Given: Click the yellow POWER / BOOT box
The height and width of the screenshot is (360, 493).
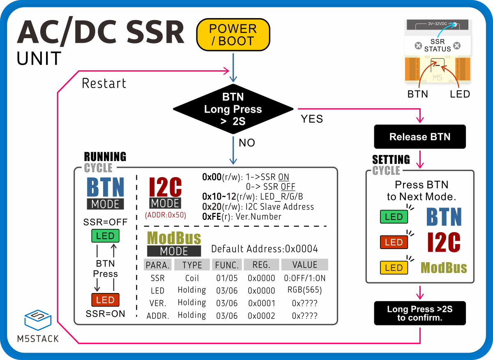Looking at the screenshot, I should click(233, 35).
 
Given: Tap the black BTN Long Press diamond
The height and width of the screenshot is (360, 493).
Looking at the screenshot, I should click(233, 109).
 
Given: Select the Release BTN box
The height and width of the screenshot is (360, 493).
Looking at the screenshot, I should click(419, 137).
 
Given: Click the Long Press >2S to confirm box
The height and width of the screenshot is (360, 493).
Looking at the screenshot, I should click(419, 313).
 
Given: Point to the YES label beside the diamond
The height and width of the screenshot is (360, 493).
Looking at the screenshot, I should click(312, 119).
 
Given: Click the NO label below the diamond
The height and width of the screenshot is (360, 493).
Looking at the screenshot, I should click(246, 143).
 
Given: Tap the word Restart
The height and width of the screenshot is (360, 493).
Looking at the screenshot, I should click(104, 83).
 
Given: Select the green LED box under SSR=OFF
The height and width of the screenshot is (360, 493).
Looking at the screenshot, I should click(105, 236).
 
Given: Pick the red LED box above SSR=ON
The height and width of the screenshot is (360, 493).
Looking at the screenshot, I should click(105, 300).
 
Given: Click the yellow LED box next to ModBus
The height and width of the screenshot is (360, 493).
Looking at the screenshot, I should click(394, 268).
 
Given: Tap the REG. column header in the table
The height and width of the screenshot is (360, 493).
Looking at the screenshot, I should click(261, 265).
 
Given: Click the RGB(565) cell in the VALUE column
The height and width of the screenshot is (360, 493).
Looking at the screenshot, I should click(304, 290).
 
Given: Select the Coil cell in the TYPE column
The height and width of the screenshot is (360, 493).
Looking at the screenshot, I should click(192, 278).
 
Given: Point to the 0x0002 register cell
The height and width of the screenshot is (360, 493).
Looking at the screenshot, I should click(261, 316).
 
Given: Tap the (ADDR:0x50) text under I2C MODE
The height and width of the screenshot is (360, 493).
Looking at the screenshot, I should click(165, 215).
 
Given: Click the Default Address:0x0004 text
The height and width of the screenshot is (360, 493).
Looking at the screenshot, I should click(264, 249).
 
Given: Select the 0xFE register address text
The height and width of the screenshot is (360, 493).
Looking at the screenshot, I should click(212, 217).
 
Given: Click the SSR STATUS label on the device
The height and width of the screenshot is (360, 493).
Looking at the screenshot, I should click(437, 45).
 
